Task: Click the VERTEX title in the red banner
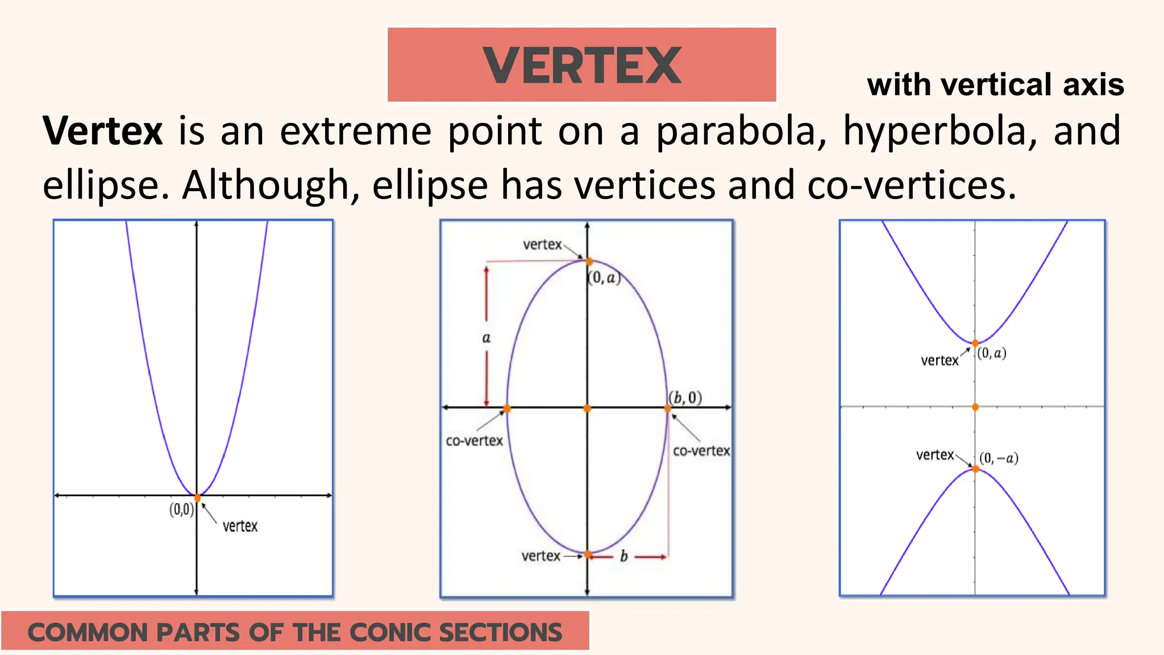[x=581, y=65]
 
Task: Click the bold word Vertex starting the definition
[x=103, y=131]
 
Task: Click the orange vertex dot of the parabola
[x=197, y=498]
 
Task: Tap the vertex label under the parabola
[x=240, y=526]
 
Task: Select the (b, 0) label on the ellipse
[x=685, y=397]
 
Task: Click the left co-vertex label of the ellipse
[x=474, y=441]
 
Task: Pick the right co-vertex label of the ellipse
[x=701, y=451]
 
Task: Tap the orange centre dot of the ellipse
[x=587, y=408]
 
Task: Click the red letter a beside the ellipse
[x=486, y=338]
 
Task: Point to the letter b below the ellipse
[x=623, y=556]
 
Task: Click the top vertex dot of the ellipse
[x=589, y=262]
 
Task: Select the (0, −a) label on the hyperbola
[x=999, y=458]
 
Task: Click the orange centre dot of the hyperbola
[x=975, y=407]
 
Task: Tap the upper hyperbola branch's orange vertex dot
[x=975, y=343]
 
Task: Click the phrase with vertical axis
[x=995, y=85]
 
